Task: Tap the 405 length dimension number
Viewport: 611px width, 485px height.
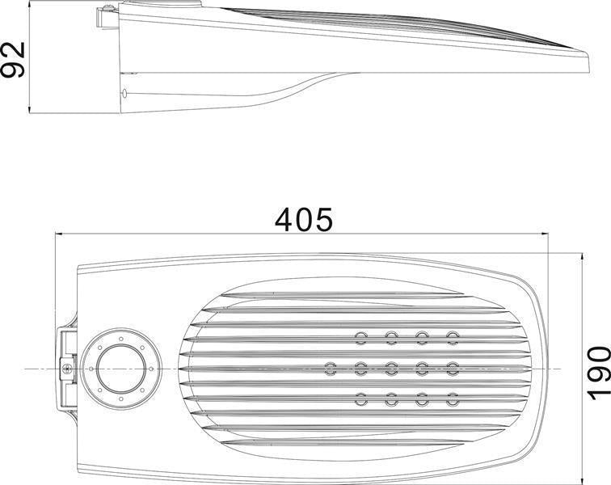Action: pos(303,218)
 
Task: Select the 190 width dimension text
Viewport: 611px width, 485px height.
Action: pos(596,372)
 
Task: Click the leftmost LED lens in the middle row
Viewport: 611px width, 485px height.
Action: pos(330,368)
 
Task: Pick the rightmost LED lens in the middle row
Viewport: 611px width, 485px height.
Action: pos(453,368)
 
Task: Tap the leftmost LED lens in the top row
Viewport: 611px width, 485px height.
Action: pos(360,336)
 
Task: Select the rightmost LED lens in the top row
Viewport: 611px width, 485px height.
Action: pos(453,336)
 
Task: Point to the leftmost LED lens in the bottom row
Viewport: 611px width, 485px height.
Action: pos(360,399)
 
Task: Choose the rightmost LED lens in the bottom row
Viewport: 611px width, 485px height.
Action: pos(453,399)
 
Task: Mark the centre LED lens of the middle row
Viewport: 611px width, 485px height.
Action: pos(391,368)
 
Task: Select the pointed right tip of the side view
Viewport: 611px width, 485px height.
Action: pos(595,55)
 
